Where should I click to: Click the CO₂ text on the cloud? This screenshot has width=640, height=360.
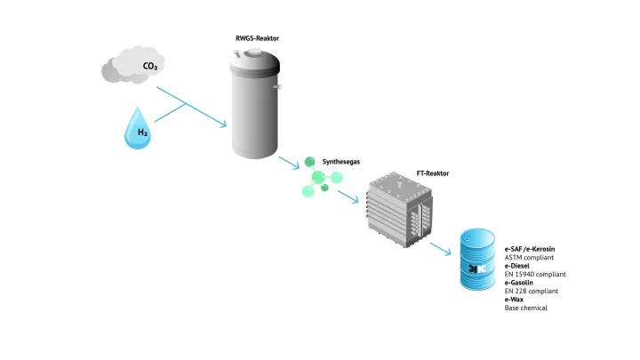pyautogui.click(x=150, y=66)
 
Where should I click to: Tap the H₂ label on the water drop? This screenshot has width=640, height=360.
pyautogui.click(x=142, y=132)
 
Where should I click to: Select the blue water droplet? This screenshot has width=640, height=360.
pyautogui.click(x=138, y=128)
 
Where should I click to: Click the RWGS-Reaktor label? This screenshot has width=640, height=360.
pyautogui.click(x=257, y=38)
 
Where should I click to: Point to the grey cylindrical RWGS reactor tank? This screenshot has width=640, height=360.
pyautogui.click(x=255, y=103)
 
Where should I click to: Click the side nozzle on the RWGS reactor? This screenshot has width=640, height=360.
pyautogui.click(x=278, y=86)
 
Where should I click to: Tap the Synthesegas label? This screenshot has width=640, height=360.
pyautogui.click(x=340, y=162)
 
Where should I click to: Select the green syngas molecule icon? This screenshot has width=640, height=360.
pyautogui.click(x=321, y=178)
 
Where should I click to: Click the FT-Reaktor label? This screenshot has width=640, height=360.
pyautogui.click(x=433, y=173)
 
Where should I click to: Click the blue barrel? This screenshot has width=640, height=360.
pyautogui.click(x=477, y=260)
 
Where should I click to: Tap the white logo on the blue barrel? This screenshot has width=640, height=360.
pyautogui.click(x=477, y=268)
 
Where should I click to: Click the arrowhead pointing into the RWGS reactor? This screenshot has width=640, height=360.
pyautogui.click(x=223, y=124)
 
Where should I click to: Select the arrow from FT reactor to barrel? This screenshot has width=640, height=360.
pyautogui.click(x=440, y=249)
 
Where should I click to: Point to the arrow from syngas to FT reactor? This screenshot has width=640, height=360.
pyautogui.click(x=348, y=196)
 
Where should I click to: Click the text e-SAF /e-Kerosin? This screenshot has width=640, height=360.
pyautogui.click(x=530, y=249)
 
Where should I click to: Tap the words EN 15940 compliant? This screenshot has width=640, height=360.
pyautogui.click(x=535, y=275)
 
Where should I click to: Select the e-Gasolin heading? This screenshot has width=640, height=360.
pyautogui.click(x=519, y=283)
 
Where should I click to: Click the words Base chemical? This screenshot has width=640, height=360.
pyautogui.click(x=525, y=308)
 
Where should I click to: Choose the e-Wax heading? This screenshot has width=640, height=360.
pyautogui.click(x=514, y=300)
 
